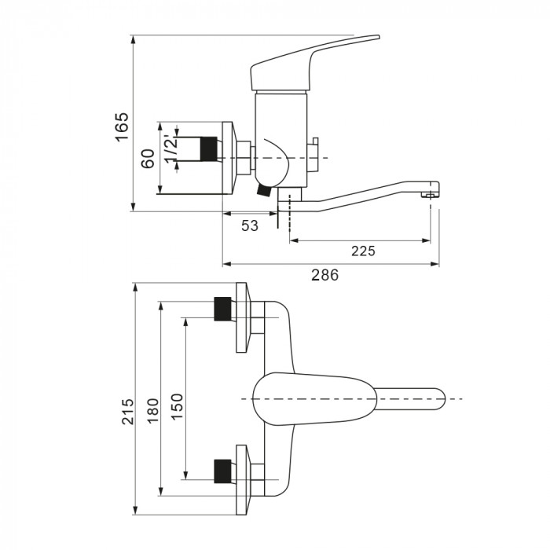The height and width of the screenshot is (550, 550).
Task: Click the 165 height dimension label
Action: pyautogui.click(x=122, y=127)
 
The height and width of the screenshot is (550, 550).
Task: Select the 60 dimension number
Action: pyautogui.click(x=148, y=159)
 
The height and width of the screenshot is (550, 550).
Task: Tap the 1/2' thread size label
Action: pyautogui.click(x=171, y=149)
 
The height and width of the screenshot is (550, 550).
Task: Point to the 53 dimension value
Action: pyautogui.click(x=250, y=226)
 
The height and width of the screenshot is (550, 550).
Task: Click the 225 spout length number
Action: pyautogui.click(x=363, y=251)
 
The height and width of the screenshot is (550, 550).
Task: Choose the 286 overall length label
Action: pyautogui.click(x=325, y=275)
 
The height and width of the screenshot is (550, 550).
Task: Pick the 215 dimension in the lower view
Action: pyautogui.click(x=128, y=412)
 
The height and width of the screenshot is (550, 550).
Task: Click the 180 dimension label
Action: pyautogui.click(x=153, y=411)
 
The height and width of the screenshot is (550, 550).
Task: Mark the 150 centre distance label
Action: pyautogui.click(x=177, y=406)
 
